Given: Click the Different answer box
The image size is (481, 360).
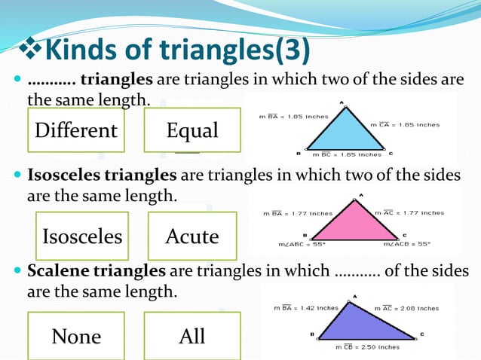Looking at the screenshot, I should [x=75, y=130].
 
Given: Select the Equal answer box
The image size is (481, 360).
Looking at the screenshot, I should [x=192, y=130].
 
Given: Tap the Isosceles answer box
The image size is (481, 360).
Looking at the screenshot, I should [x=82, y=236].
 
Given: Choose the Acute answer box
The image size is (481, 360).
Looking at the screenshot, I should [x=192, y=236].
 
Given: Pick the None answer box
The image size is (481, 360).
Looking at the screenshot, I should [x=75, y=336].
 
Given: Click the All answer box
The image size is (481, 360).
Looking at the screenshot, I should [x=192, y=336].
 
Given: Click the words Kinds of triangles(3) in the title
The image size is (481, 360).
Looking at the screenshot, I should [x=178, y=50].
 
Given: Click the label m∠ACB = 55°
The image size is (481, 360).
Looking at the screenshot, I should [x=407, y=244].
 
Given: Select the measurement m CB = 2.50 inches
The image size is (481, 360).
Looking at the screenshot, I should [x=367, y=347].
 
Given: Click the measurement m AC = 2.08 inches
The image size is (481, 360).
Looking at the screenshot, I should [x=406, y=308].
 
